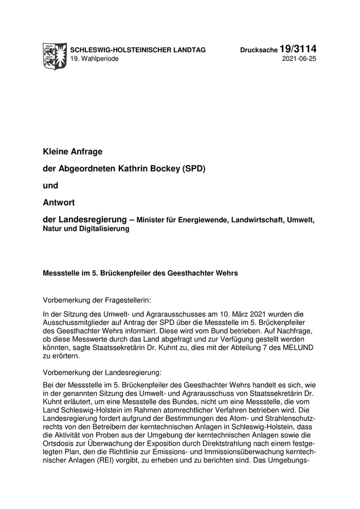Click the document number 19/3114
tap(298, 49)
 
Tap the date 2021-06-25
tap(300, 59)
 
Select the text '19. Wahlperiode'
tap(95, 59)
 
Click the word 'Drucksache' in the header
tap(259, 50)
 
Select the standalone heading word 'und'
tap(50, 185)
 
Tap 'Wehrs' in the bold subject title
tap(227, 273)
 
